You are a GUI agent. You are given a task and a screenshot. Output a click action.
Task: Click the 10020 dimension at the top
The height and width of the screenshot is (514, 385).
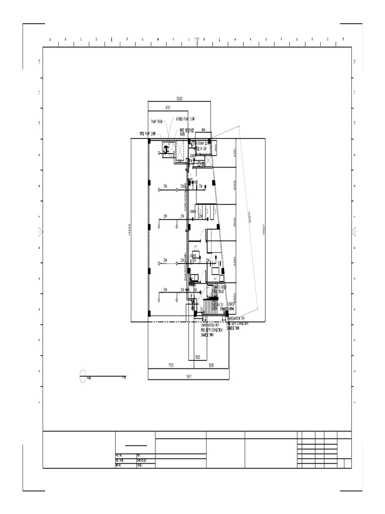[x=179, y=99]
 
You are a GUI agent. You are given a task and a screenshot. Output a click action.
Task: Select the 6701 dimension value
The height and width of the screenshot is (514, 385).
[x=168, y=107]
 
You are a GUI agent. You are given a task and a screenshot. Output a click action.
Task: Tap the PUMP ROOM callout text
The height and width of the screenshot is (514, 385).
[x=157, y=121]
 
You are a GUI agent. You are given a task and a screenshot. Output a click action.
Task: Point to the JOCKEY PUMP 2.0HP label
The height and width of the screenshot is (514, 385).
[x=185, y=119]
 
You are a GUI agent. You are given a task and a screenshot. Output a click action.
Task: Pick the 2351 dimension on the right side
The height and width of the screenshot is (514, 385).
[x=234, y=153]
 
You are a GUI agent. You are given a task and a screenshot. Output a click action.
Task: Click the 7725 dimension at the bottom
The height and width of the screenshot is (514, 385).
[x=171, y=366]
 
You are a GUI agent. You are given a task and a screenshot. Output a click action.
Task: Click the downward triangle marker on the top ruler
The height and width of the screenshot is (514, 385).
[x=197, y=42]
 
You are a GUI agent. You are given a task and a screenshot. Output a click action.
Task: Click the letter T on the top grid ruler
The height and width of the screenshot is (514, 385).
[x=343, y=39]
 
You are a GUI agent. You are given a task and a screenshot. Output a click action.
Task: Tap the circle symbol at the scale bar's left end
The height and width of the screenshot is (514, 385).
[x=83, y=376]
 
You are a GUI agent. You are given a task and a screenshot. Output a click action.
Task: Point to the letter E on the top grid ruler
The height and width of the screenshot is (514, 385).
[x=112, y=39]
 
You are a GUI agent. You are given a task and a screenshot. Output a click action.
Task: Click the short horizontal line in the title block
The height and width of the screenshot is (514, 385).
[x=136, y=446]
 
